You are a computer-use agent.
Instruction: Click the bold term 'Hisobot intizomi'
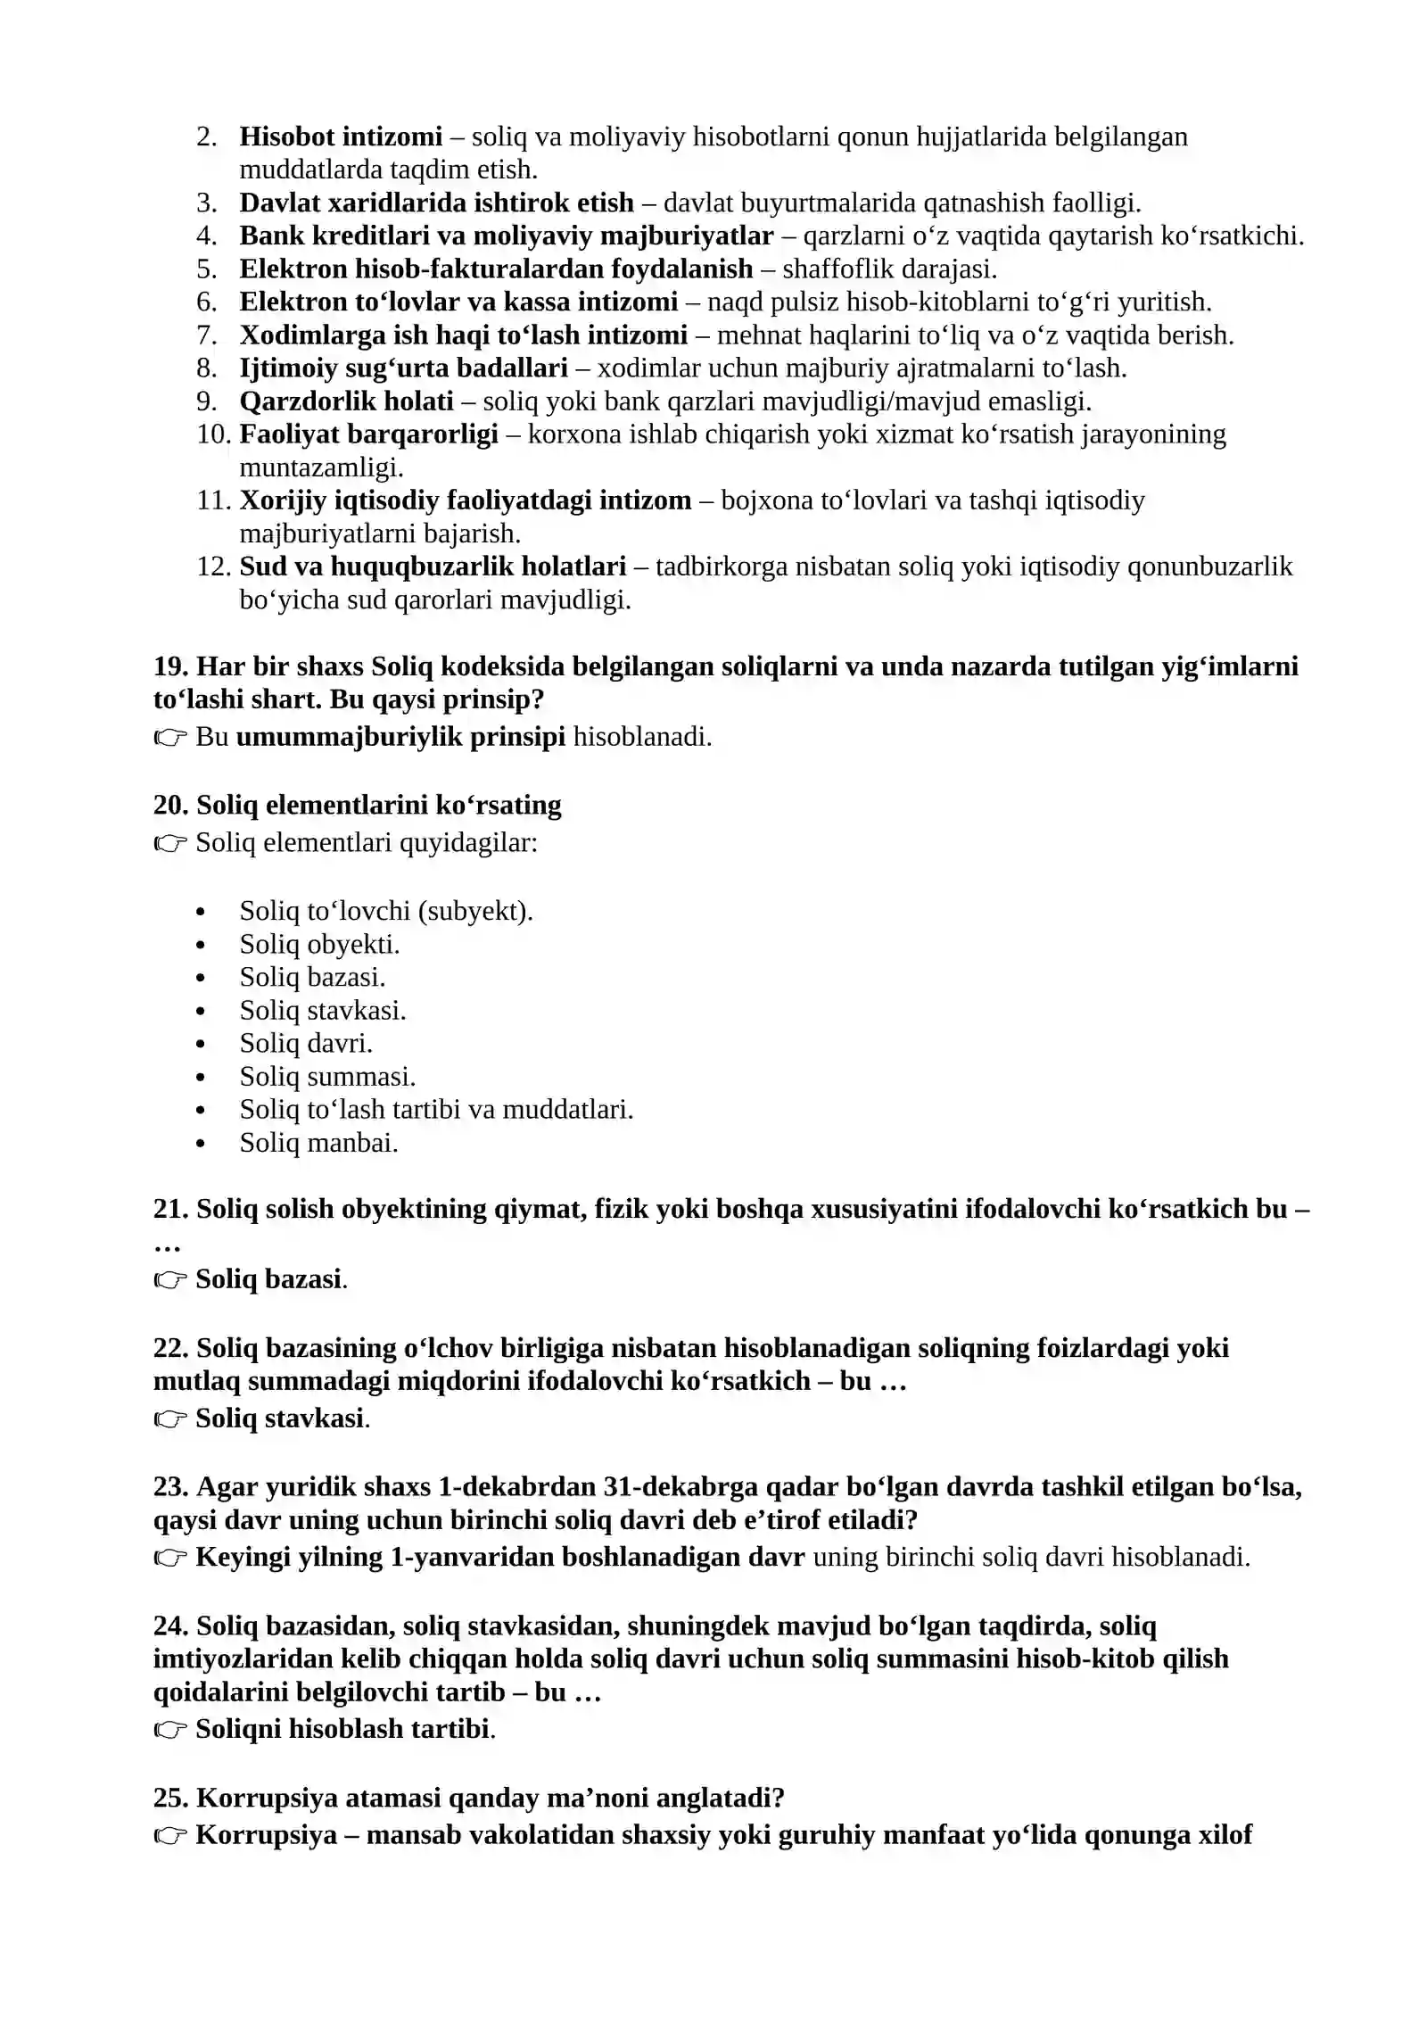[x=341, y=136]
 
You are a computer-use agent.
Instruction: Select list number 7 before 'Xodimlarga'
[x=206, y=335]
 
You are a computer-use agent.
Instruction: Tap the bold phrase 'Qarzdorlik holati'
[x=346, y=401]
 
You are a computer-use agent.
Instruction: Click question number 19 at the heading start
[x=170, y=666]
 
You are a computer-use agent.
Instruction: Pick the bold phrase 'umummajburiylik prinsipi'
[x=400, y=737]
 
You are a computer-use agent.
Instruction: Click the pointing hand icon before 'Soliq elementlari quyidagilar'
[x=169, y=843]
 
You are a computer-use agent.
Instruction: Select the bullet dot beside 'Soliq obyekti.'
[x=201, y=946]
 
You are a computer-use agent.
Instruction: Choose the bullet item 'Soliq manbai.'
[x=318, y=1143]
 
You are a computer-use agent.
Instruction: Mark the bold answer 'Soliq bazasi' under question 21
[x=268, y=1279]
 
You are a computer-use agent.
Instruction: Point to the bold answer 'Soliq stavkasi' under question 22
[x=280, y=1418]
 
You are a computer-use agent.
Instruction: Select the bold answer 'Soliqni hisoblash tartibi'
[x=343, y=1729]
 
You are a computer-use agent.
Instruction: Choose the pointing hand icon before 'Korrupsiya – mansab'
[x=169, y=1835]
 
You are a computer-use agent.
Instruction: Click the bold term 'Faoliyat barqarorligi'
[x=368, y=434]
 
